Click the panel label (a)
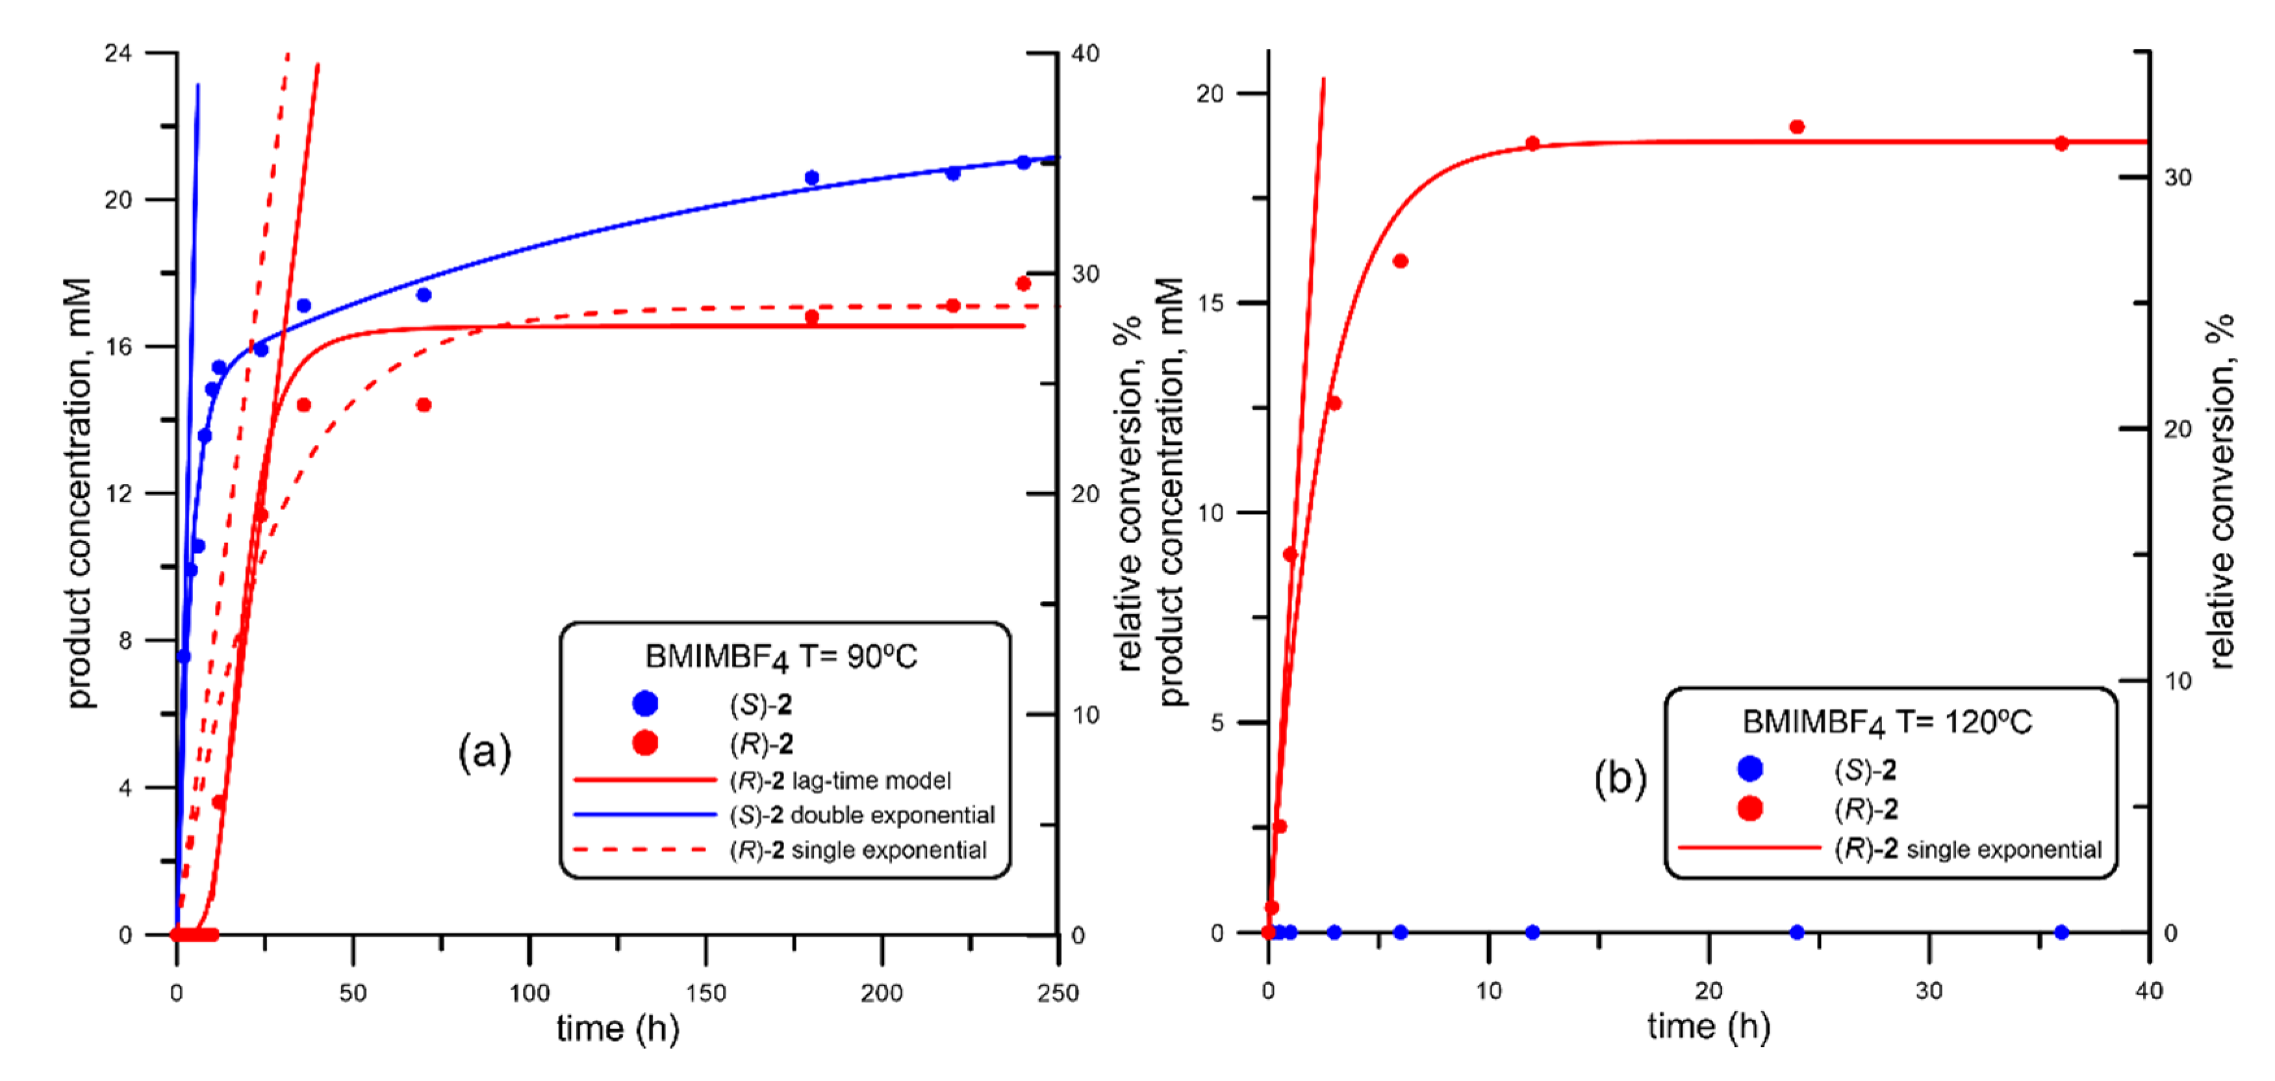coord(484,752)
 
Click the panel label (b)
coord(1620,778)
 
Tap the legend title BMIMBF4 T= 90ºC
coord(781,657)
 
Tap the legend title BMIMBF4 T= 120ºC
coord(1887,722)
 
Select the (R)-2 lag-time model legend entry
coord(839,781)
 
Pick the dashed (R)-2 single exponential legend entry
coord(857,850)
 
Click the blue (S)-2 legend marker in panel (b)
coord(1749,769)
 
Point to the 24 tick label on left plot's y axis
coord(118,54)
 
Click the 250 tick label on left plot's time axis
coord(1057,993)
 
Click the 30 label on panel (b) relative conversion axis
coord(2178,177)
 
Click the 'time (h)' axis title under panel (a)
coord(617,1029)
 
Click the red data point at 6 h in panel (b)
coord(1400,261)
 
